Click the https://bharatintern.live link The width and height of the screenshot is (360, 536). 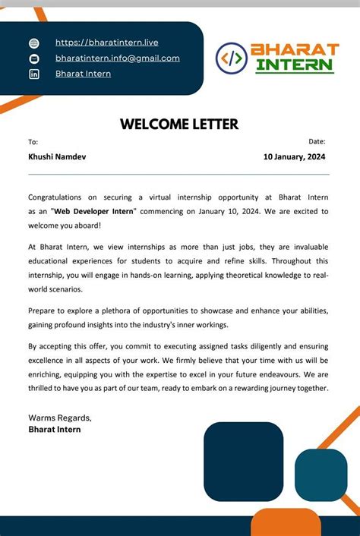click(106, 43)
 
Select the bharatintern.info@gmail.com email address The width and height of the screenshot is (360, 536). click(117, 58)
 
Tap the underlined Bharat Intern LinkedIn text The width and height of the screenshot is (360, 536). click(83, 74)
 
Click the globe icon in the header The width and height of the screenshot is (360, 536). click(33, 43)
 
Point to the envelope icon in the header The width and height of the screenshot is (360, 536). click(33, 58)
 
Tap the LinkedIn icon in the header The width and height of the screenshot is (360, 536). click(33, 74)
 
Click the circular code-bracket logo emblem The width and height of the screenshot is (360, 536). click(232, 58)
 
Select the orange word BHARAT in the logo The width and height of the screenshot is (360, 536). click(295, 49)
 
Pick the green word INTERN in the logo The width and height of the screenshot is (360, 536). click(294, 65)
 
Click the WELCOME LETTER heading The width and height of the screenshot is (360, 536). click(179, 125)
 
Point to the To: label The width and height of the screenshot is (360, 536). click(33, 142)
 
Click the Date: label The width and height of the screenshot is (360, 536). click(317, 141)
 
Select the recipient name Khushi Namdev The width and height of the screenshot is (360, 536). click(57, 157)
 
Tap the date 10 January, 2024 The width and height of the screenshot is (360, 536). click(295, 157)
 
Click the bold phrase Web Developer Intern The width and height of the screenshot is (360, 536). click(93, 211)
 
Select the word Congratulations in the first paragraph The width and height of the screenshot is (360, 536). click(57, 197)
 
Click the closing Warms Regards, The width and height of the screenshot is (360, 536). click(60, 418)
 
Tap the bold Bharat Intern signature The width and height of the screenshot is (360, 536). click(54, 429)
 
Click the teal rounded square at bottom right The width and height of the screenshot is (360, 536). click(321, 475)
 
